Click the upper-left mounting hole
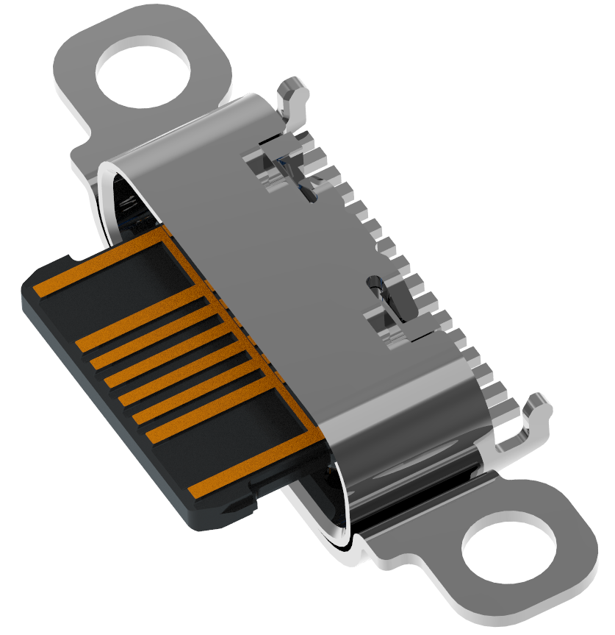143,71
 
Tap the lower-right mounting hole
508,550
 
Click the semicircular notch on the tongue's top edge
71,258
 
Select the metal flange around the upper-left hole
81,96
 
